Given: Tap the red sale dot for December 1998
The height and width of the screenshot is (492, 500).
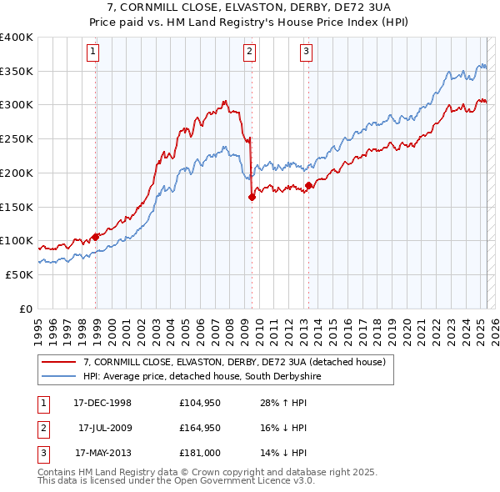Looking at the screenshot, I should pos(96,237).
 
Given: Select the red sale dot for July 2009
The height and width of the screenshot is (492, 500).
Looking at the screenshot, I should pos(252,197).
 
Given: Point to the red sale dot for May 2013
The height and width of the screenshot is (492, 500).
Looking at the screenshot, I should pos(308,185).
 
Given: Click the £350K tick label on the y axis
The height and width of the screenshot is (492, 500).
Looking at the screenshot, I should pos(17,71).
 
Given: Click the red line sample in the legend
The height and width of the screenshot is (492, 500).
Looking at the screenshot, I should pos(59,363).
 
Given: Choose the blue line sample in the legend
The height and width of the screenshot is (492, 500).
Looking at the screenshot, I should pos(59,377).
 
